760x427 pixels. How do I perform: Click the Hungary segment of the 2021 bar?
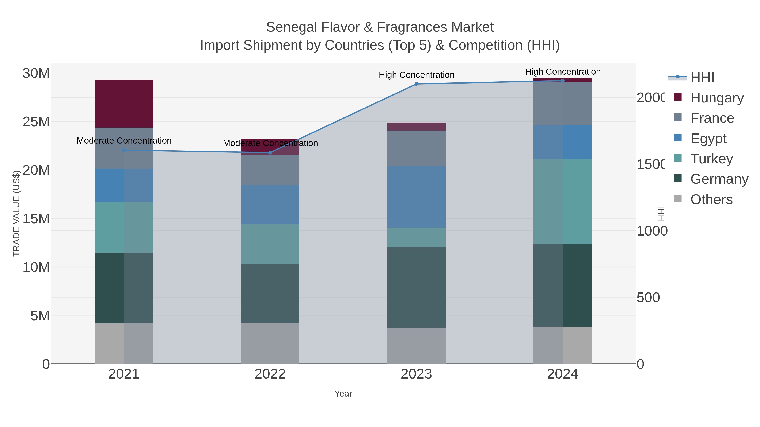click(x=124, y=104)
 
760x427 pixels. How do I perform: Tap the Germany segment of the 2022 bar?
click(x=270, y=293)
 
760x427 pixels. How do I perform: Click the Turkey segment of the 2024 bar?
click(x=562, y=202)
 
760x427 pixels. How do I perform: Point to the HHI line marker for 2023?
click(x=416, y=84)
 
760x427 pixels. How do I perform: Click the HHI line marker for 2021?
click(x=124, y=150)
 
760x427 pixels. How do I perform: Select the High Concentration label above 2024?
click(x=563, y=72)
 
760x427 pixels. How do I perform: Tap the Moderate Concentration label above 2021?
click(x=124, y=141)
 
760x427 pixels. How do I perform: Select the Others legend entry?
click(x=711, y=199)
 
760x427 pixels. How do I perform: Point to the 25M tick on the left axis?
click(x=36, y=122)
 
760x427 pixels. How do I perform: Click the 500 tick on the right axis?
click(x=648, y=297)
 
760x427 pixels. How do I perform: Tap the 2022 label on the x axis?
click(x=270, y=374)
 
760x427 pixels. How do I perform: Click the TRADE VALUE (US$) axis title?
click(x=16, y=213)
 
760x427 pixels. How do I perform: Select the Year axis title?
click(x=343, y=394)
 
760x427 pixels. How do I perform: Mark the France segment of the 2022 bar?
click(x=270, y=170)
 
